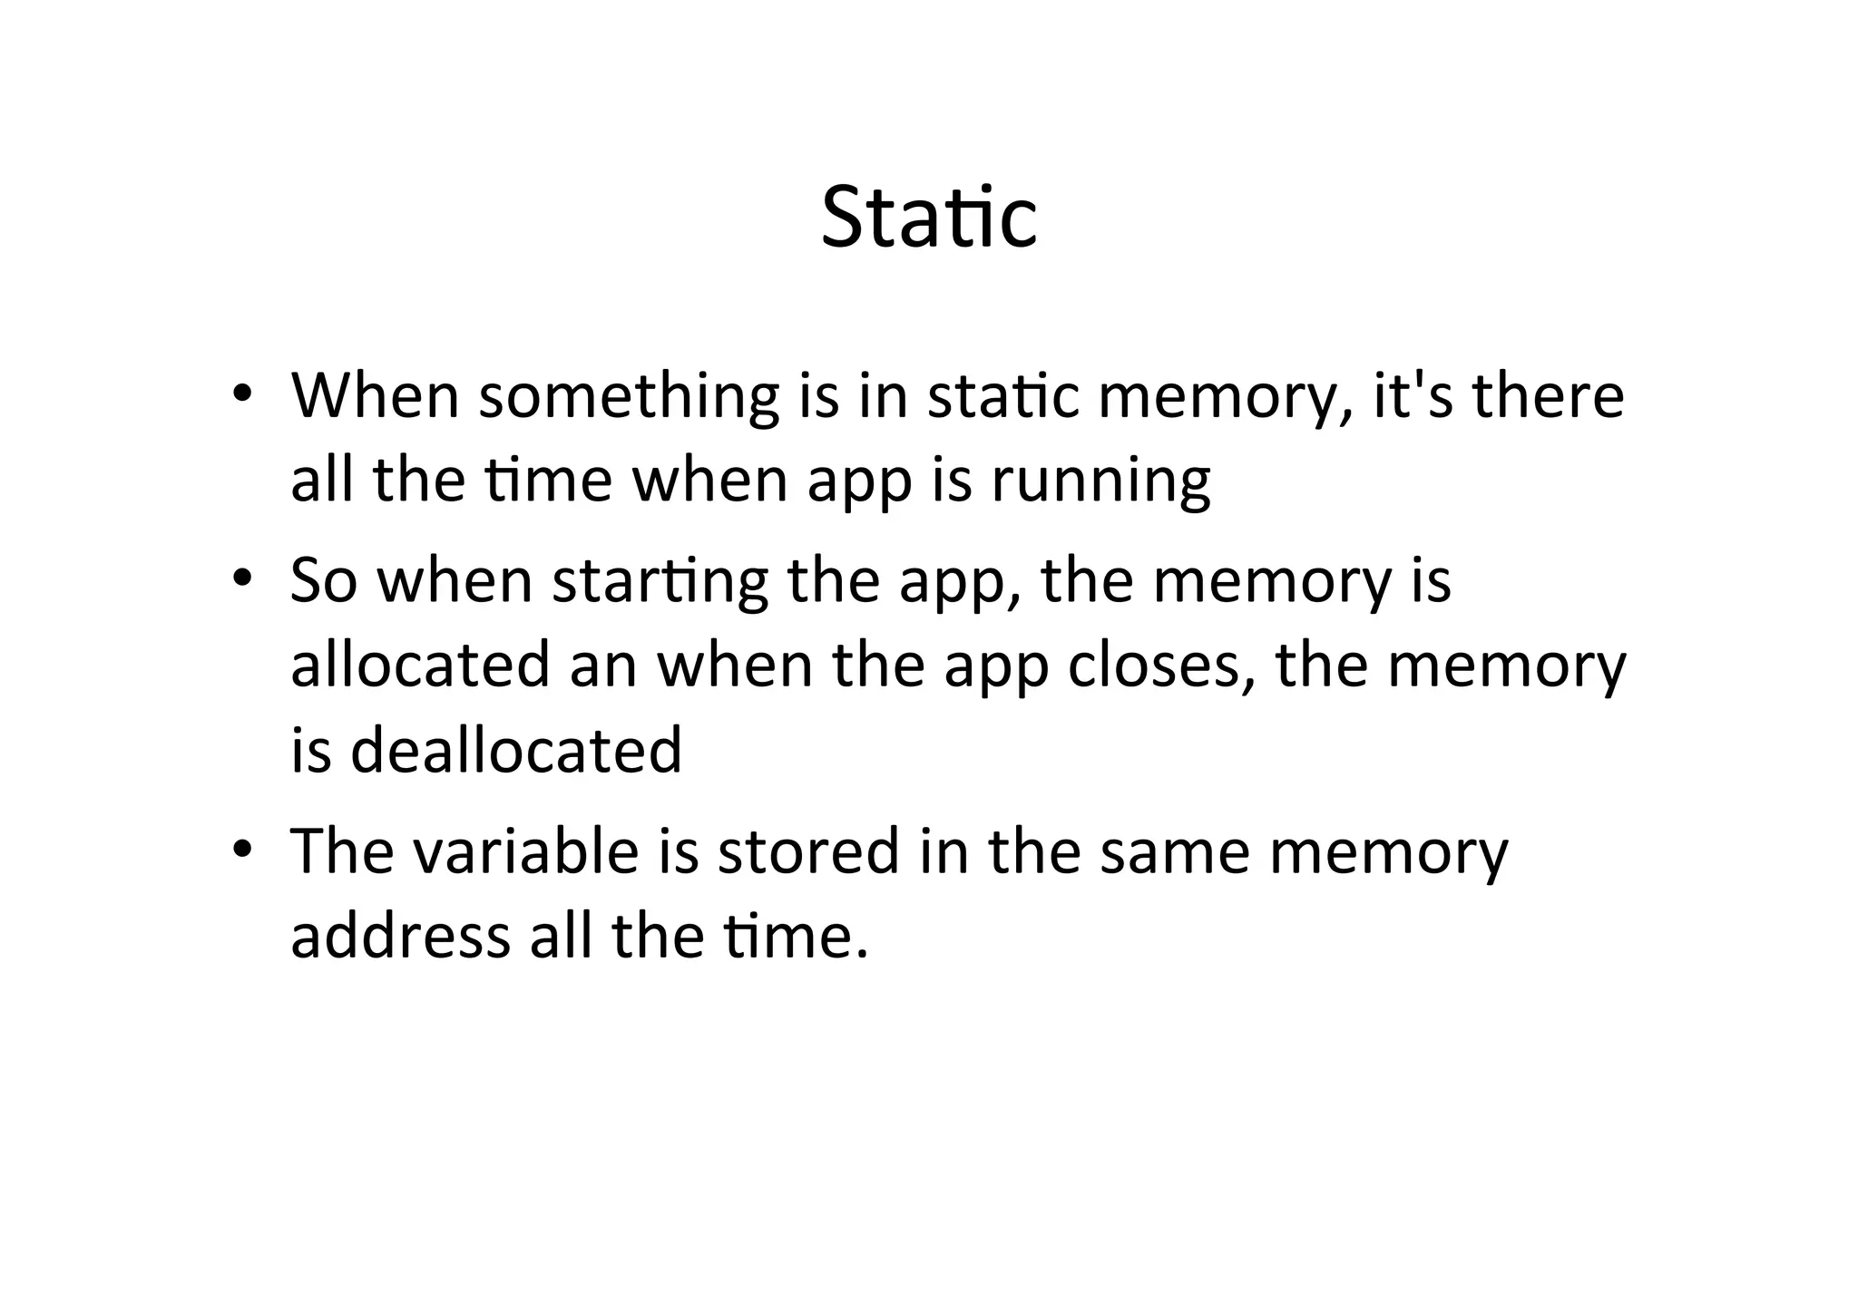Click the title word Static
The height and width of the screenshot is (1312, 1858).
[928, 217]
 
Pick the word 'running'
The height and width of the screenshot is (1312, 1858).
[1100, 481]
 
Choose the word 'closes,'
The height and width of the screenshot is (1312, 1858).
[1162, 665]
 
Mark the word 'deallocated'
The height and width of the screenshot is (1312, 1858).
[515, 750]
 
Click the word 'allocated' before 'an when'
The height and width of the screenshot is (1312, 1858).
[420, 665]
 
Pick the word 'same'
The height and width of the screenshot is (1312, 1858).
[1174, 852]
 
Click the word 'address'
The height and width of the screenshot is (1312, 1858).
[400, 936]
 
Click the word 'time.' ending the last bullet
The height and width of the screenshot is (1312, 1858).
[786, 936]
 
